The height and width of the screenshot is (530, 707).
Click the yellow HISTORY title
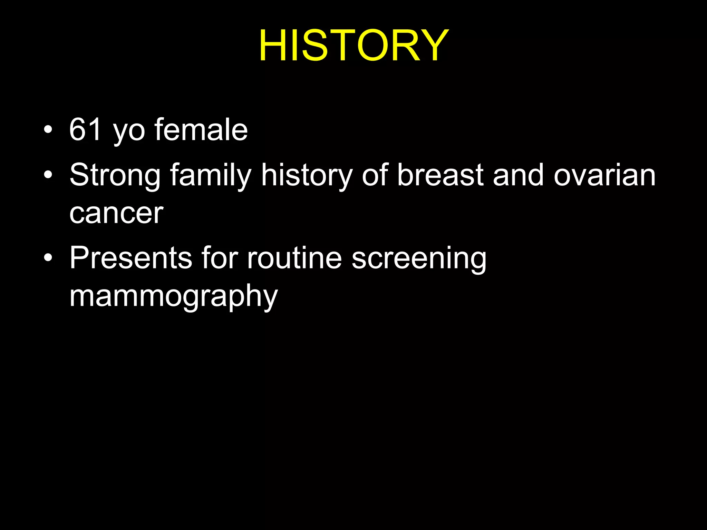click(353, 46)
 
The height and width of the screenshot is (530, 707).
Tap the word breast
click(440, 175)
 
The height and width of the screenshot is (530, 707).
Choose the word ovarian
click(604, 175)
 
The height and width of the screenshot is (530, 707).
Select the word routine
click(294, 258)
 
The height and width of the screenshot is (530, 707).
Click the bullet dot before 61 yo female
click(48, 130)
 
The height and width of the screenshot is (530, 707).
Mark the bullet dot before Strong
click(48, 175)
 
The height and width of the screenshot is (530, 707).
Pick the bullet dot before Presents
click(48, 258)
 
